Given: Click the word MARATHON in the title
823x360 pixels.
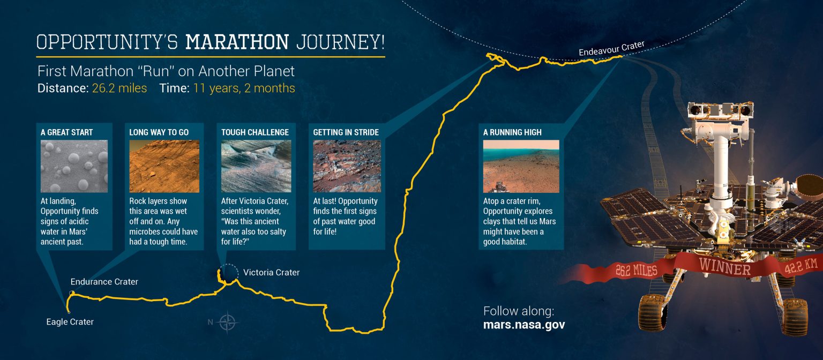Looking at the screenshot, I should (x=237, y=41).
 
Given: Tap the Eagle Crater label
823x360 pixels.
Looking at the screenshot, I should (x=70, y=322).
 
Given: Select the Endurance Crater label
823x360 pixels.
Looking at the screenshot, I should (x=104, y=282).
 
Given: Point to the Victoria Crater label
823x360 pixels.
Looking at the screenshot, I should (x=271, y=273).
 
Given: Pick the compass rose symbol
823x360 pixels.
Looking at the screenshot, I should (x=228, y=322).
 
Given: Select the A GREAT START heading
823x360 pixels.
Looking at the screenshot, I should (x=66, y=132).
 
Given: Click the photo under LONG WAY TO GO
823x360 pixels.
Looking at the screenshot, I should (x=164, y=166).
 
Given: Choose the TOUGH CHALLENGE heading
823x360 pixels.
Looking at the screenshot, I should (x=255, y=132).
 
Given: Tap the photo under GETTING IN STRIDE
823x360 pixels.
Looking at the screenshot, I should (x=347, y=166).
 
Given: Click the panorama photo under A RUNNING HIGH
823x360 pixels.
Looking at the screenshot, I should (x=521, y=166).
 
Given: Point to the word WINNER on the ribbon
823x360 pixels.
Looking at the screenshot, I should (x=724, y=266).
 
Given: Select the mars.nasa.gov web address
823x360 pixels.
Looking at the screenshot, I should (x=524, y=325).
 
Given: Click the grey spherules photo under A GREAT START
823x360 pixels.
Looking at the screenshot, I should (x=74, y=166).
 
